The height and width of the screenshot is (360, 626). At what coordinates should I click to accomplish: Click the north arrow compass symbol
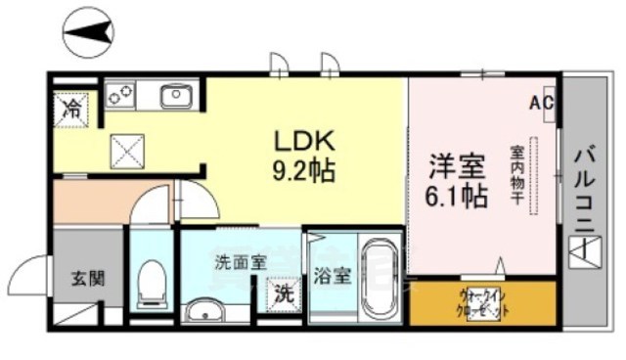[x=88, y=38]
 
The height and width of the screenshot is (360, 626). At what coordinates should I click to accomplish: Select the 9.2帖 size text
[x=302, y=173]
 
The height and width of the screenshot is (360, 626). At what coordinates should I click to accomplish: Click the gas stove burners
[x=121, y=96]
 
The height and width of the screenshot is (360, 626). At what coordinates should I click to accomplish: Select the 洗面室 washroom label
[x=240, y=262]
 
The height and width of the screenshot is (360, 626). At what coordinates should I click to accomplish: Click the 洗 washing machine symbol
[x=283, y=292]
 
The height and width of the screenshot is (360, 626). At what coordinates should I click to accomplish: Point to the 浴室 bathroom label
[x=331, y=276]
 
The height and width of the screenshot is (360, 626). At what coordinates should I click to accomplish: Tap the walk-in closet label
[x=482, y=301]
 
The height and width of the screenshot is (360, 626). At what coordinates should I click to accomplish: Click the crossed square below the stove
[x=128, y=153]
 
